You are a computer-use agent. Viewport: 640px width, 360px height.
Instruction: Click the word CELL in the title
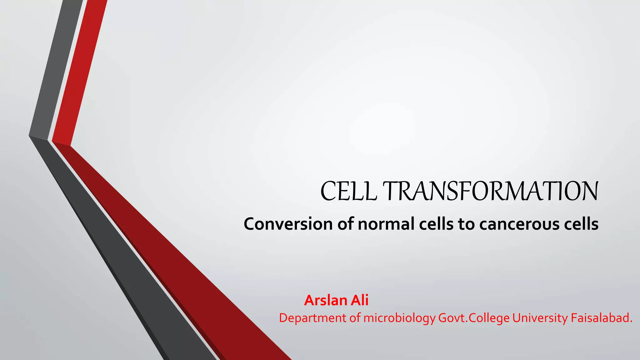348,191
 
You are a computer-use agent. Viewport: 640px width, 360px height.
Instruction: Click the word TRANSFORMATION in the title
490,191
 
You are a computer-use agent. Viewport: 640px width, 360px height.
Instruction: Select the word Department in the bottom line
312,318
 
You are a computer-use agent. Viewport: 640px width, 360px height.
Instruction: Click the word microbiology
399,318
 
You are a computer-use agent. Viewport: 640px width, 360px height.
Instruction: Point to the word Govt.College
474,318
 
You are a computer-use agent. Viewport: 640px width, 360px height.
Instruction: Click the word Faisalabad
601,318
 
